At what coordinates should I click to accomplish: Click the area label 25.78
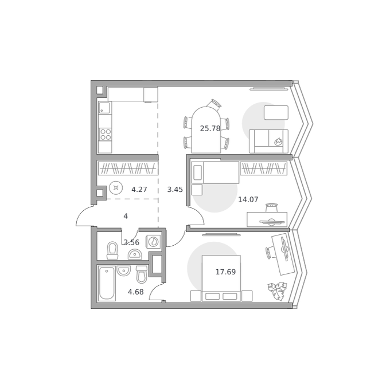pos(210,128)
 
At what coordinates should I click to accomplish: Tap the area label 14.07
pos(248,199)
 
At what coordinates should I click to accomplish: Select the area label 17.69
pos(225,272)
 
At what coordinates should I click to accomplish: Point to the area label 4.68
pos(136,292)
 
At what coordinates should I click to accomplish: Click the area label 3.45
pos(175,190)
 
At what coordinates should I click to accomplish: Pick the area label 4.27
pos(139,190)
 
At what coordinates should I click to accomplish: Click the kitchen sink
pos(105,108)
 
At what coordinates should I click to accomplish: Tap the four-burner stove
pos(105,135)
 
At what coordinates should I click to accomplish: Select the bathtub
pos(107,284)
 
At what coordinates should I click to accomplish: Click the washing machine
pos(153,241)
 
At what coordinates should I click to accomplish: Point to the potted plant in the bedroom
pos(278,291)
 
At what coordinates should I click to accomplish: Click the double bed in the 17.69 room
pos(221,278)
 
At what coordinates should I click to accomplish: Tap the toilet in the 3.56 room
pos(112,250)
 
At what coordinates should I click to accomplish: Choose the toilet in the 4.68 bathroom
pos(142,274)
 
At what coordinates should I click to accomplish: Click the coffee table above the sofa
pos(276,112)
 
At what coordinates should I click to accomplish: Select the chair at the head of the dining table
pos(214,104)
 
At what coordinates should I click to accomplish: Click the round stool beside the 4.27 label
pos(116,188)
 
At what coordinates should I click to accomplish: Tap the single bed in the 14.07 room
pos(215,172)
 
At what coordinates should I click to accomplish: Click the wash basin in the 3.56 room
pos(135,254)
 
